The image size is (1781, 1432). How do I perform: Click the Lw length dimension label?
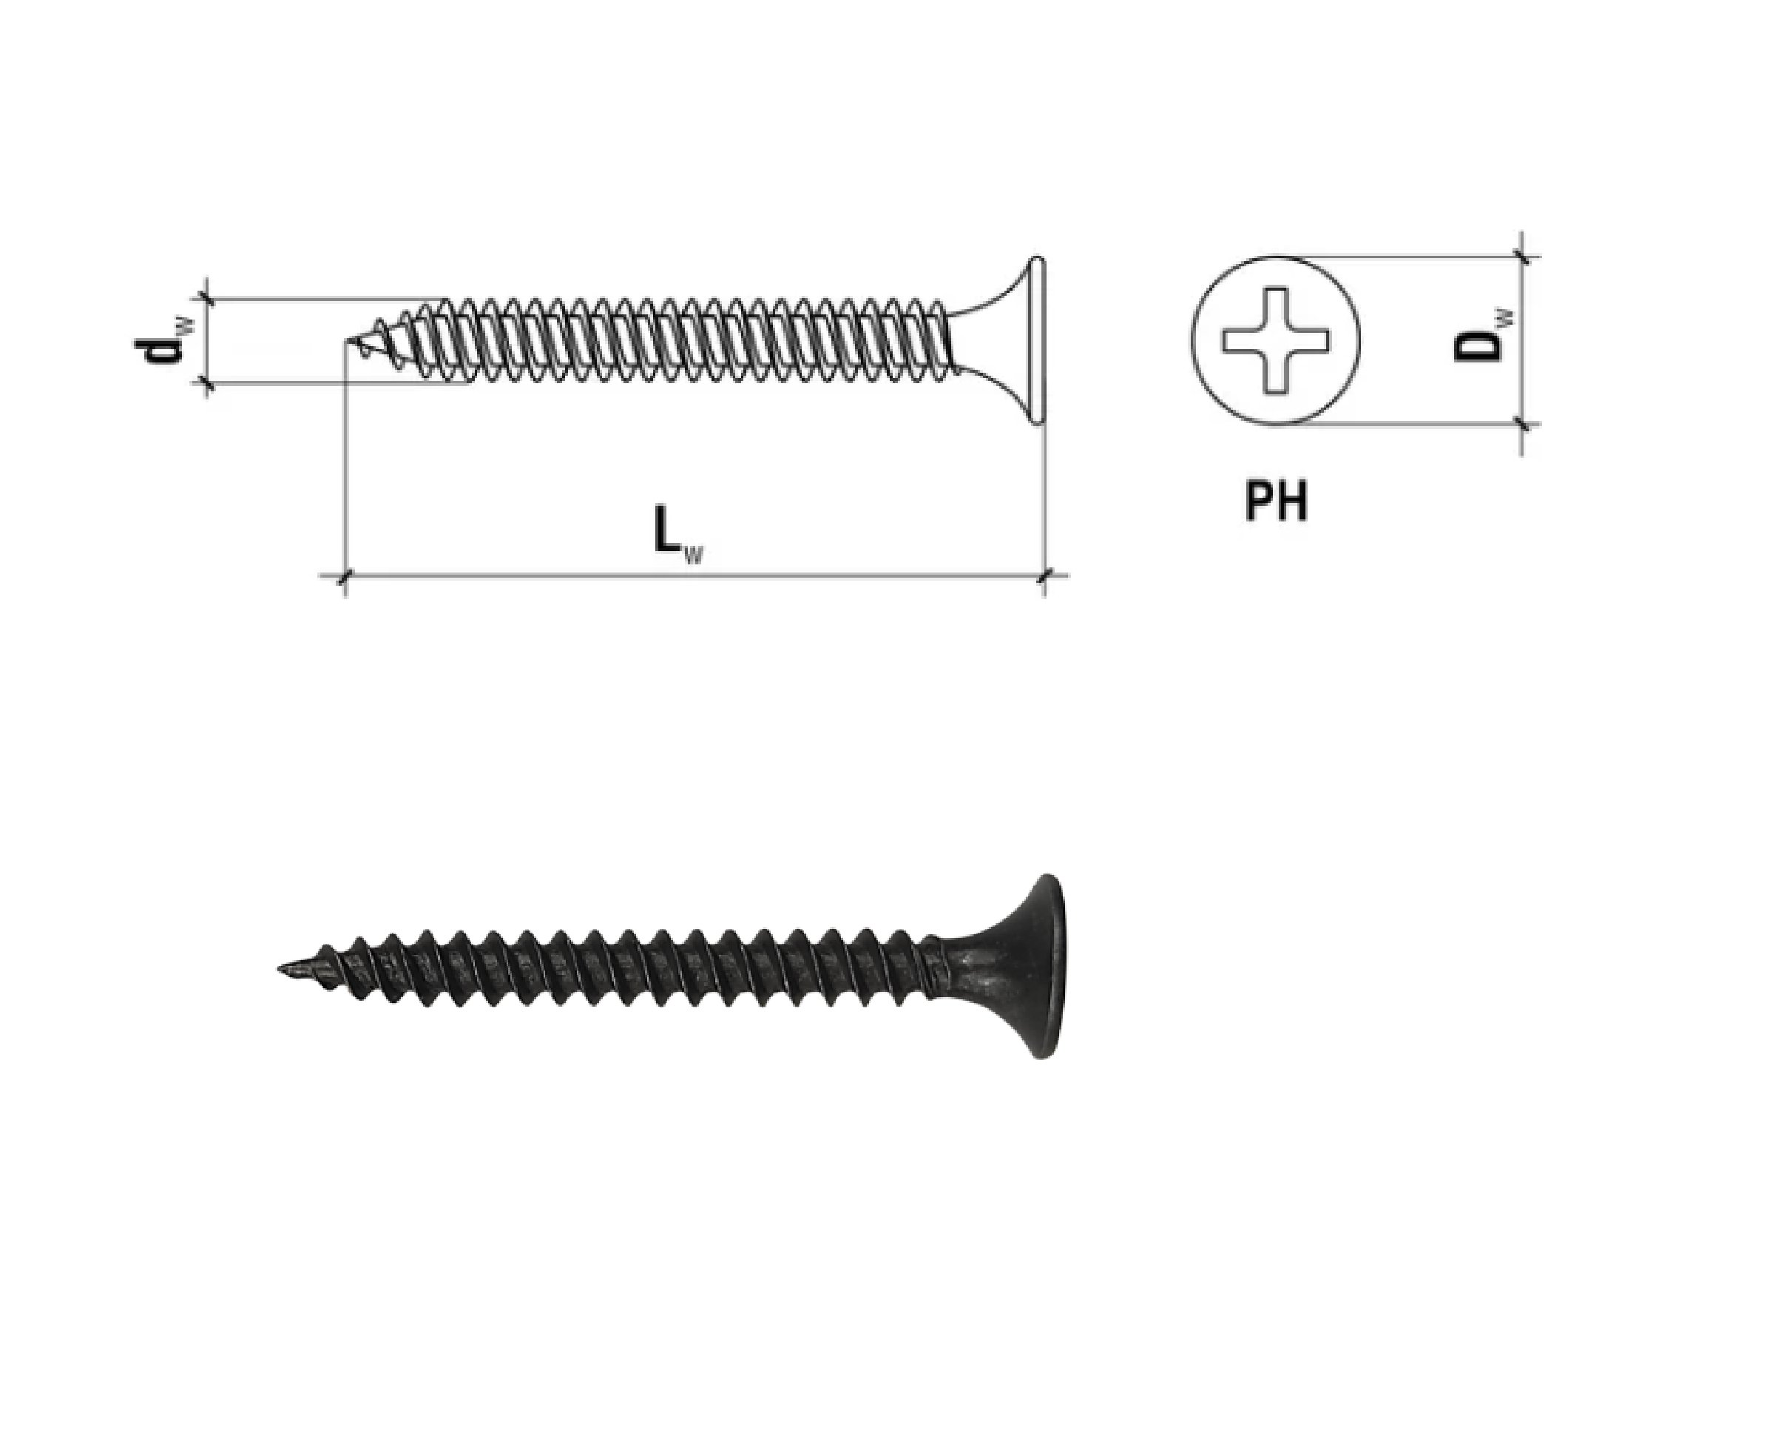[678, 535]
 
